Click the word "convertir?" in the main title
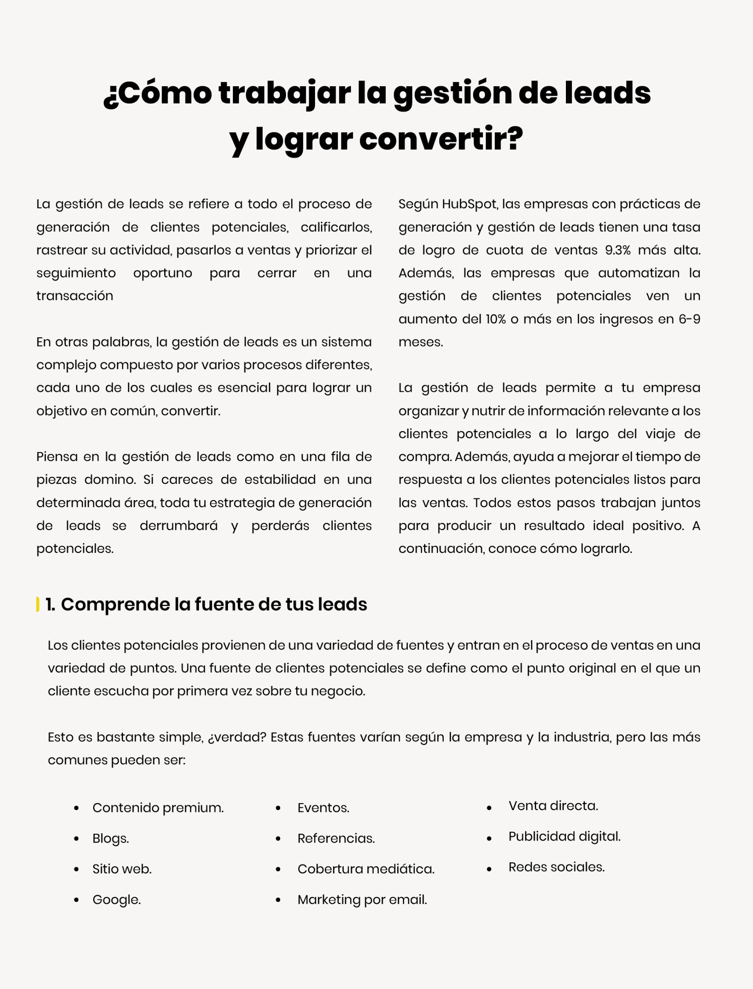coord(441,139)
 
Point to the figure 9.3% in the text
coord(618,250)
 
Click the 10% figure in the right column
coord(495,319)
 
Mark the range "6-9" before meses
coord(689,319)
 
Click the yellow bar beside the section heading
coord(38,604)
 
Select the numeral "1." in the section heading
coord(50,604)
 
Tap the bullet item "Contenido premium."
coord(158,808)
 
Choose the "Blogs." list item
coord(110,838)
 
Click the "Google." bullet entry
coord(116,899)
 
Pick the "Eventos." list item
coord(323,808)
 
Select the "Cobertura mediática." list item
coord(366,869)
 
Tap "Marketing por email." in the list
coord(362,899)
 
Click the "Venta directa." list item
coord(553,806)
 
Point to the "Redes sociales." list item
coord(556,867)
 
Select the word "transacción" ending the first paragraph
coord(75,296)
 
